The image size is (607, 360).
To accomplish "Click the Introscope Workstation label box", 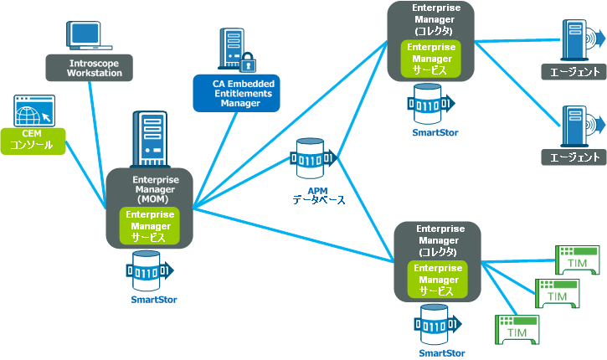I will [x=95, y=68].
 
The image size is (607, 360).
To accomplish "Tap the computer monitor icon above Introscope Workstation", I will [x=90, y=35].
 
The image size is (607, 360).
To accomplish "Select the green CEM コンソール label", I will [x=31, y=140].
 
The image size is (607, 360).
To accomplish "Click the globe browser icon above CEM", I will [x=33, y=111].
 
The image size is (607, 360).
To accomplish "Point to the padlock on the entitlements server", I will [x=248, y=62].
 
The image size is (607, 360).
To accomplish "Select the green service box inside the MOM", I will [x=152, y=226].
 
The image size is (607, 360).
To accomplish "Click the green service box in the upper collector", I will [x=430, y=59].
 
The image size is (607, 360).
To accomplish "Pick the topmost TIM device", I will [x=577, y=260].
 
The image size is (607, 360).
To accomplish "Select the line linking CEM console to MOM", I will [x=85, y=172].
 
